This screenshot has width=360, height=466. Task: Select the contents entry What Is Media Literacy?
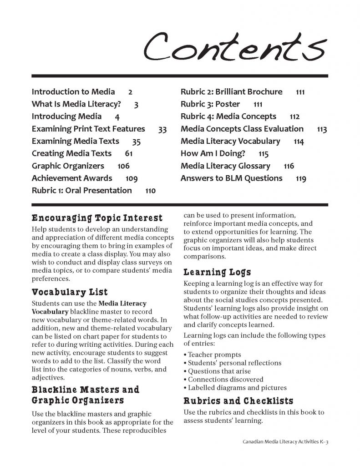tap(76, 104)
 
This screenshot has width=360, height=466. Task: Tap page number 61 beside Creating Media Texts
tap(128, 154)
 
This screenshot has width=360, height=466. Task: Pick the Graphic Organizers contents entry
tap(68, 166)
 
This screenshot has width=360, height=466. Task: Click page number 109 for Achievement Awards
tap(132, 178)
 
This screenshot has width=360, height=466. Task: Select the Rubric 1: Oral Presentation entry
tap(82, 191)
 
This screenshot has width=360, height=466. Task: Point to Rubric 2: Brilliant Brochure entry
tap(232, 92)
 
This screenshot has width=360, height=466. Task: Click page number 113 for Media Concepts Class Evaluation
tap(322, 129)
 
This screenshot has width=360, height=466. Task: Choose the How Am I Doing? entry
tap(215, 154)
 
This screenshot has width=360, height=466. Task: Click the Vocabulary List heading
tap(70, 291)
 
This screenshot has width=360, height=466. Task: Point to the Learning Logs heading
tap(217, 273)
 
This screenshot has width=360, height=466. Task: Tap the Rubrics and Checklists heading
tap(238, 401)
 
